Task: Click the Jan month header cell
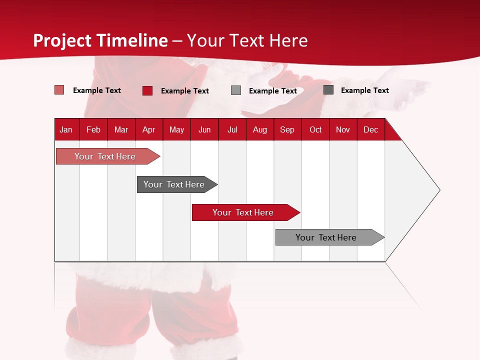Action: (66, 129)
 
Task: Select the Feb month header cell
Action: (93, 129)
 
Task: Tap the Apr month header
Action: (148, 129)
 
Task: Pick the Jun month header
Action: (204, 129)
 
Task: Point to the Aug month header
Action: (259, 129)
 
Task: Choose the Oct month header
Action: (315, 129)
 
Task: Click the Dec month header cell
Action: (370, 129)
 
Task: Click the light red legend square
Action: (59, 90)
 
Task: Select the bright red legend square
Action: (147, 90)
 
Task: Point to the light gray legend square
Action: (236, 90)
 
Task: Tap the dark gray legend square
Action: (328, 90)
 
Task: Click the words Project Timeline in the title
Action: (100, 40)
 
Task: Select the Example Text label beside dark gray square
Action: (364, 90)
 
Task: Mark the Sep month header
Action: (287, 129)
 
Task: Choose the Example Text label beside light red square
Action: (97, 90)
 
